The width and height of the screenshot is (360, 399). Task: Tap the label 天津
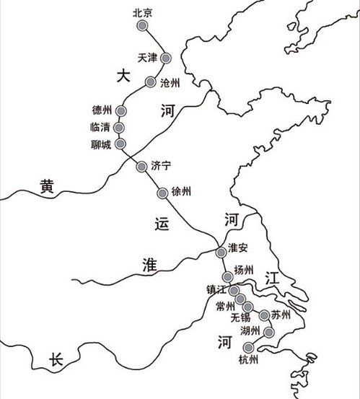click(146, 57)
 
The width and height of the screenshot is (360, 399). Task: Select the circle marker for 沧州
click(150, 82)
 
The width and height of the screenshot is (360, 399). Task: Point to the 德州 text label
click(102, 110)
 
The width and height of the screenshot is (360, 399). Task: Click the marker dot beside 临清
click(120, 128)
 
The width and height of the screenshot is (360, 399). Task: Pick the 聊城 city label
click(102, 144)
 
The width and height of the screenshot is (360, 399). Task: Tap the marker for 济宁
click(141, 167)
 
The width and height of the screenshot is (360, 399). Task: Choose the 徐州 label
click(181, 192)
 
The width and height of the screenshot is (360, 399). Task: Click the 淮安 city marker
click(221, 252)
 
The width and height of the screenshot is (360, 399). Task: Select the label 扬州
click(245, 270)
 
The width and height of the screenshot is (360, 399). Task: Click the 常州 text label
click(225, 306)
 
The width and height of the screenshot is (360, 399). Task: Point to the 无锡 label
click(242, 317)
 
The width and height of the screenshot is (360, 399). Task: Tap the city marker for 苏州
click(265, 315)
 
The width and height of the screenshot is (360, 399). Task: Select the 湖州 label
click(250, 331)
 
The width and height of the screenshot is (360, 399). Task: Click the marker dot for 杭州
click(250, 348)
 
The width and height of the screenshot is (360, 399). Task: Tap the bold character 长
click(57, 361)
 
